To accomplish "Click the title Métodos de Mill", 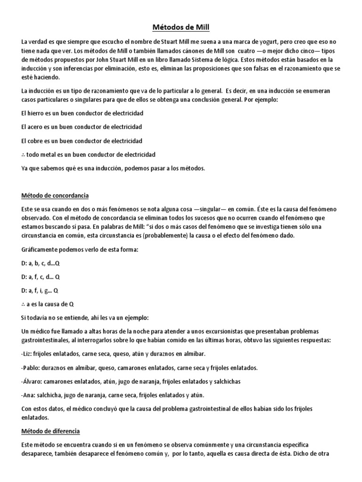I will point(181,27).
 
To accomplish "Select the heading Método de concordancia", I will point(56,195).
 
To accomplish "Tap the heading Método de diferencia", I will point(51,431).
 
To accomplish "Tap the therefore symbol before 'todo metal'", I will point(24,154).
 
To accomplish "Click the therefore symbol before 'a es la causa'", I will point(24,304).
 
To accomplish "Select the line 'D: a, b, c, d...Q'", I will point(42,263).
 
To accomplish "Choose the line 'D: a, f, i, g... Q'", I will point(41,290).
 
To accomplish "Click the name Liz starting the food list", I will point(28,353).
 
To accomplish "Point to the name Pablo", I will point(32,367).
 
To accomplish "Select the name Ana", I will point(29,395).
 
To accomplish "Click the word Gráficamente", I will point(41,249).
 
